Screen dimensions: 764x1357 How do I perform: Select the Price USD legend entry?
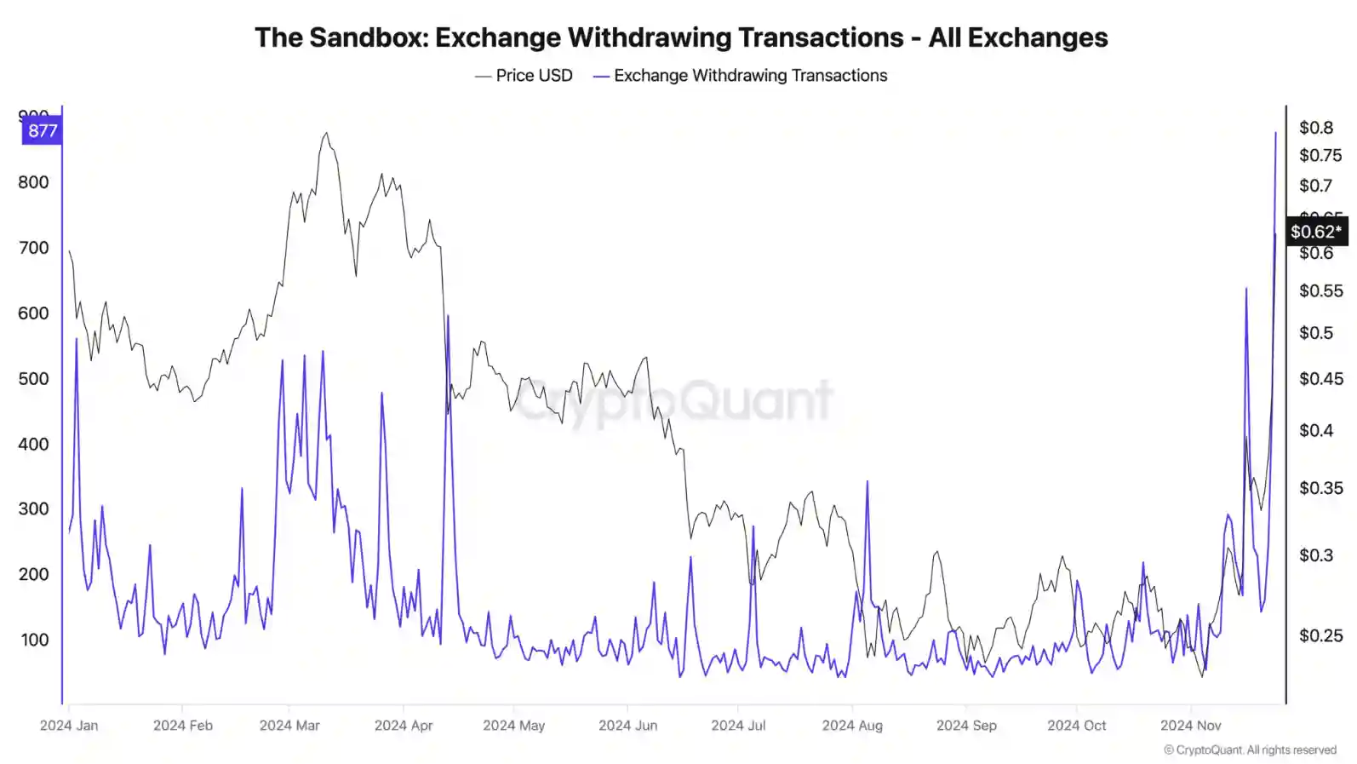pyautogui.click(x=524, y=76)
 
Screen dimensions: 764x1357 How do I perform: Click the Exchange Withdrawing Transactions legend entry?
pyautogui.click(x=741, y=76)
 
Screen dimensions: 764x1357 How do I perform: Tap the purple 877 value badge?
pyautogui.click(x=42, y=130)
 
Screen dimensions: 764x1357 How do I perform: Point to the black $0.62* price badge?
pyautogui.click(x=1315, y=232)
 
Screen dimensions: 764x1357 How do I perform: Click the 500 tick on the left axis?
pyautogui.click(x=33, y=378)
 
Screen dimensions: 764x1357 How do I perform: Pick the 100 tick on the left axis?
pyautogui.click(x=34, y=640)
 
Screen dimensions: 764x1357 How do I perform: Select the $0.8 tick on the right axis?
pyautogui.click(x=1315, y=128)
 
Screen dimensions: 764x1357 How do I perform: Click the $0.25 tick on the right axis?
pyautogui.click(x=1320, y=635)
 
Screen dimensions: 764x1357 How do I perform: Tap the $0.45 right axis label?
pyautogui.click(x=1320, y=378)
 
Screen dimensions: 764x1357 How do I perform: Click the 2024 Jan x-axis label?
pyautogui.click(x=69, y=726)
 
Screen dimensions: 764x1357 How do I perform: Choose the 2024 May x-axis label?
pyautogui.click(x=513, y=726)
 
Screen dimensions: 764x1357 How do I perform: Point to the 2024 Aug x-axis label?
pyautogui.click(x=852, y=726)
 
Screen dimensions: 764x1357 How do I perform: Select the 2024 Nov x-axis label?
pyautogui.click(x=1190, y=726)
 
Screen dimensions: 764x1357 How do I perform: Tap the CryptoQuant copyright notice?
pyautogui.click(x=1250, y=750)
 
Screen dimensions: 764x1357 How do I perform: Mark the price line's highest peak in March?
pyautogui.click(x=326, y=133)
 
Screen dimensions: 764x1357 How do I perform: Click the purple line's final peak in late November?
pyautogui.click(x=1275, y=133)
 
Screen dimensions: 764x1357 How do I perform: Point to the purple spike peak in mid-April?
pyautogui.click(x=448, y=316)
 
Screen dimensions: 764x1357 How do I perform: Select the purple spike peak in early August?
pyautogui.click(x=867, y=482)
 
